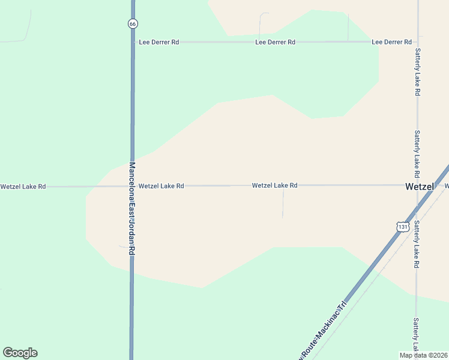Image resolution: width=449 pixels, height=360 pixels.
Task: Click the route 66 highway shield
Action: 133,23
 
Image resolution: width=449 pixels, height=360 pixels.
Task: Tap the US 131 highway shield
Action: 403,226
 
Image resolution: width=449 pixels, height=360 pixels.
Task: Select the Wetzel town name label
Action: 419,187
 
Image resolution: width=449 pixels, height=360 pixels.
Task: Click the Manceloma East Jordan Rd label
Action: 132,209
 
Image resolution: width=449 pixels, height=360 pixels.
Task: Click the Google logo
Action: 20,353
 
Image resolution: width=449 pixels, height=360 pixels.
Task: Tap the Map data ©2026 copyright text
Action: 424,355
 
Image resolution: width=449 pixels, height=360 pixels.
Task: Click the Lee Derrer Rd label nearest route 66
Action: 159,43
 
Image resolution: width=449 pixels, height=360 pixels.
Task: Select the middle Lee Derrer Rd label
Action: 275,42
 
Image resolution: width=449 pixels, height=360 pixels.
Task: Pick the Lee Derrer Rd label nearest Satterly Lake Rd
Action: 391,42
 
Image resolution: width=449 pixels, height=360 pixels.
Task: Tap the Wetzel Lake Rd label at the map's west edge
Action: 23,187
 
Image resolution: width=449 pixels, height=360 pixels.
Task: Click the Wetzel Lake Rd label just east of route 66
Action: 161,187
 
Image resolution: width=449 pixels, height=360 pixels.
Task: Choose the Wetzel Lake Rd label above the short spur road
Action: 274,186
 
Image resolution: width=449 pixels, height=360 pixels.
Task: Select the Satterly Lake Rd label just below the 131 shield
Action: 417,244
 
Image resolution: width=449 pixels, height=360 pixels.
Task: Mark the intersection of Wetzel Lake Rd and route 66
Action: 132,186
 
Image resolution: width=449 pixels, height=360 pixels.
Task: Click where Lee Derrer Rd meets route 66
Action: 133,42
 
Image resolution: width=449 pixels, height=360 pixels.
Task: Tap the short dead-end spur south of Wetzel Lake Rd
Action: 283,204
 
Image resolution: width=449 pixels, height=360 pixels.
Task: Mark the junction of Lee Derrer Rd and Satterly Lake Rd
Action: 417,42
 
